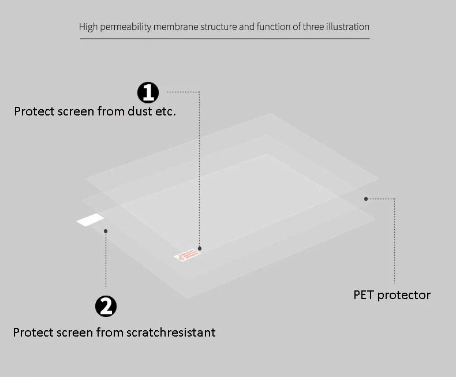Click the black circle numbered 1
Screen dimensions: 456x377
coord(148,92)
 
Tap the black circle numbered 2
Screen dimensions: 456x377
coord(106,306)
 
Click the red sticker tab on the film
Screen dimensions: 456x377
coord(186,254)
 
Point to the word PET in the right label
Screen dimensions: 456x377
coord(364,295)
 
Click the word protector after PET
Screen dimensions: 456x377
coord(404,295)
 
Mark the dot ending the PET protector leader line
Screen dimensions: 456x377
coord(366,199)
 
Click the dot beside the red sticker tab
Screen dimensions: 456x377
coord(200,249)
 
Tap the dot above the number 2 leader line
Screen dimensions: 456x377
coord(106,232)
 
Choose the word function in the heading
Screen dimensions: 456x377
coord(272,27)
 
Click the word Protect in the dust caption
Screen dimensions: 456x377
coord(33,111)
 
